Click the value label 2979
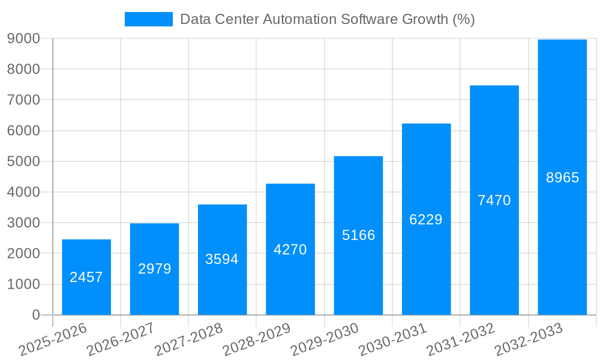155,269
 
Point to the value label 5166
359,235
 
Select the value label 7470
494,200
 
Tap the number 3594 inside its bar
222,259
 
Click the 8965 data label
562,178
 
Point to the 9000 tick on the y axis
23,38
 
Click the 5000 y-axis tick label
23,161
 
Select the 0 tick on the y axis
35,315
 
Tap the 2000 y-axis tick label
23,254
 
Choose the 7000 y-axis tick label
23,100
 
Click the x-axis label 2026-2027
121,340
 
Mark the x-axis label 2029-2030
325,340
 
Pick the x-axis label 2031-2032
460,340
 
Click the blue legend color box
148,19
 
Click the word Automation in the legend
300,19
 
